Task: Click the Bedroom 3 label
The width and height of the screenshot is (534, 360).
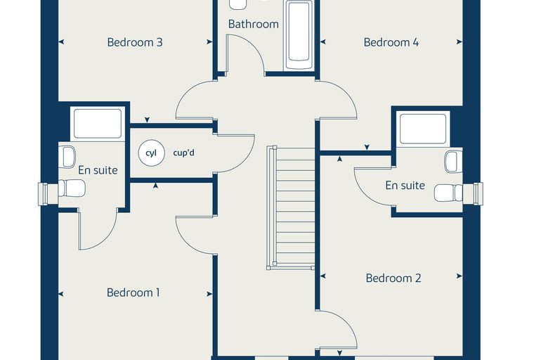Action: click(x=135, y=42)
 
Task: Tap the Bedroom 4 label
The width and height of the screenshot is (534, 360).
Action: click(x=391, y=42)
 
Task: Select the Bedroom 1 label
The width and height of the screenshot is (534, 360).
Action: click(x=133, y=292)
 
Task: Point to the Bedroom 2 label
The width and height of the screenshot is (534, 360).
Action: click(x=393, y=278)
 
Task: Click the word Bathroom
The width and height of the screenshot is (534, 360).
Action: click(x=254, y=24)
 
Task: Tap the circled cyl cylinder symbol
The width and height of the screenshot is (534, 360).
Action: click(x=151, y=153)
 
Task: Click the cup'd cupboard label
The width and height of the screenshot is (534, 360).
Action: click(x=183, y=153)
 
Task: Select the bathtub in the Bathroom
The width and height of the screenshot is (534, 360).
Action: click(x=299, y=35)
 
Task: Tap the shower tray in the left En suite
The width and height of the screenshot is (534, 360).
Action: click(x=98, y=123)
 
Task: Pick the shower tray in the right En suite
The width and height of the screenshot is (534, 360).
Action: click(x=423, y=129)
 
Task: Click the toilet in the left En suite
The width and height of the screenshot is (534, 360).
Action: click(x=72, y=188)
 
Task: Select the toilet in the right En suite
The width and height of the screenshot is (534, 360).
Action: click(x=448, y=193)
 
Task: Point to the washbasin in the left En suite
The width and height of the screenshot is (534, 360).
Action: click(x=67, y=157)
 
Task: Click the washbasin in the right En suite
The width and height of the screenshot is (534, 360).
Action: click(x=454, y=162)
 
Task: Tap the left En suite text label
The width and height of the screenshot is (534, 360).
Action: click(x=98, y=170)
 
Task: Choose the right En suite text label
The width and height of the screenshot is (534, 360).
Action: click(x=405, y=186)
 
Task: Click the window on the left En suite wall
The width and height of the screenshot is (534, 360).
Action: click(x=43, y=194)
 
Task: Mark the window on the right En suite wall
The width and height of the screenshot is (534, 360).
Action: click(x=478, y=194)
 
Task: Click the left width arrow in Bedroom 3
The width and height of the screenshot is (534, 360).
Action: click(x=61, y=42)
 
